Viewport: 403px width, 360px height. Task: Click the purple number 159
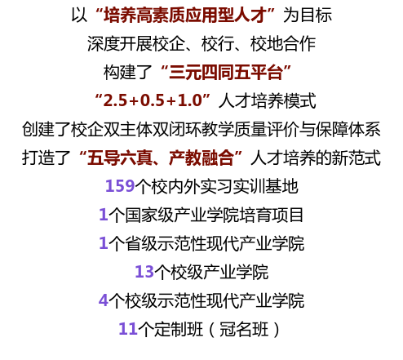click(x=120, y=186)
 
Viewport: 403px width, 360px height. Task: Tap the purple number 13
click(x=144, y=272)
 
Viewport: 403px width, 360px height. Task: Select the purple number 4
click(x=104, y=300)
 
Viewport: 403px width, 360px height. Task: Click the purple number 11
click(x=128, y=329)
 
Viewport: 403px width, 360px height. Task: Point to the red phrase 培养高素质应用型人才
click(x=185, y=16)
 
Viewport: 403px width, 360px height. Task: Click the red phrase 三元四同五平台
click(x=226, y=73)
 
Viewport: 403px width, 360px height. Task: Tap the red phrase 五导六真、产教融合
click(x=161, y=158)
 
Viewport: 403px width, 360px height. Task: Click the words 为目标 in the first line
click(x=308, y=16)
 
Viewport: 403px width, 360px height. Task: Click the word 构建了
click(x=127, y=73)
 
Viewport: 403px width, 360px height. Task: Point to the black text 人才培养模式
click(x=267, y=101)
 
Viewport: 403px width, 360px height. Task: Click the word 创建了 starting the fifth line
click(x=46, y=129)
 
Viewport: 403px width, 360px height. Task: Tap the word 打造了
click(x=46, y=158)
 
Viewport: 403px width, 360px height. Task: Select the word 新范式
click(x=356, y=158)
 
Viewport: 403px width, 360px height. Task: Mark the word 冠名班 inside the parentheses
click(x=244, y=329)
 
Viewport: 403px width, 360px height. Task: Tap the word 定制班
click(x=179, y=329)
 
